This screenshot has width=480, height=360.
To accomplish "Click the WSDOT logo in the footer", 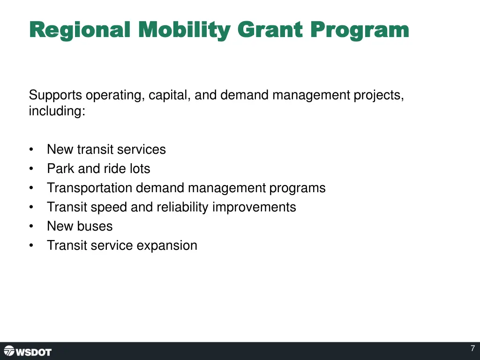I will tap(28, 352).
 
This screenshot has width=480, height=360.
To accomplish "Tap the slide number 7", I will tap(472, 348).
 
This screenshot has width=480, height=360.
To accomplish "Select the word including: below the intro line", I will tap(57, 112).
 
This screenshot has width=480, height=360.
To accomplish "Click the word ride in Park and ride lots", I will tap(113, 169).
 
